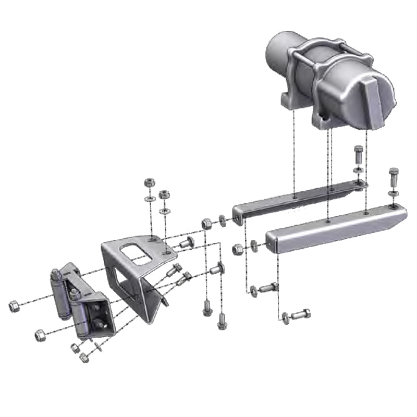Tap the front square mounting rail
(334, 229)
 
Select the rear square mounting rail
(297, 201)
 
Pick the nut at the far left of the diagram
(15, 306)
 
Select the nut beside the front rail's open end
(238, 249)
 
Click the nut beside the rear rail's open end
(206, 223)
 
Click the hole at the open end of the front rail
(271, 241)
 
